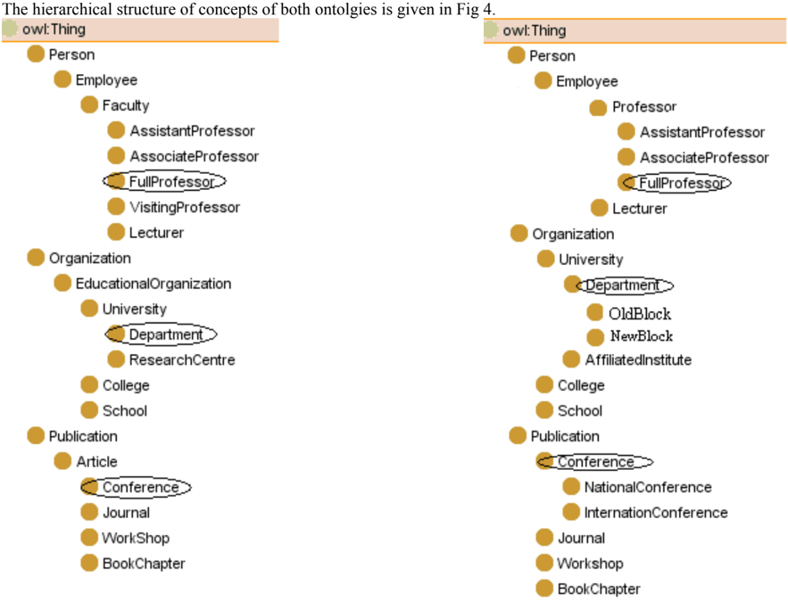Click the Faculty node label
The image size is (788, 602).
tap(126, 105)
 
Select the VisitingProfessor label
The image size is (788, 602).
tap(185, 208)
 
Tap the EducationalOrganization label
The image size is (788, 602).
tap(153, 284)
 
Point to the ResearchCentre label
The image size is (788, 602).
tap(182, 360)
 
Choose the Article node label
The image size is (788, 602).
tap(96, 461)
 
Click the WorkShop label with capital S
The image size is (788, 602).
tap(136, 539)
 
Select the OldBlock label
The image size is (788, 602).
tap(640, 314)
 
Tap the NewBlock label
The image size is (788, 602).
tap(642, 336)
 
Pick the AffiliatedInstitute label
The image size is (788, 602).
tap(638, 360)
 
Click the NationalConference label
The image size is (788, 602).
tap(648, 487)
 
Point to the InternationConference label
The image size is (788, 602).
tap(656, 513)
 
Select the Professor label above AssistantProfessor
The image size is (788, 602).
tap(644, 107)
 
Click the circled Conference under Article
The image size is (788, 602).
tap(141, 487)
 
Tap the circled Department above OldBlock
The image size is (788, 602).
tap(623, 285)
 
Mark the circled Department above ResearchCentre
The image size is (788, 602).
tap(166, 334)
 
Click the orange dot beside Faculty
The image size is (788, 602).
tap(89, 105)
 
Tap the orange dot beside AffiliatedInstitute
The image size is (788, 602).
tap(571, 359)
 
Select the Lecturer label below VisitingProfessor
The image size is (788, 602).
tap(156, 233)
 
